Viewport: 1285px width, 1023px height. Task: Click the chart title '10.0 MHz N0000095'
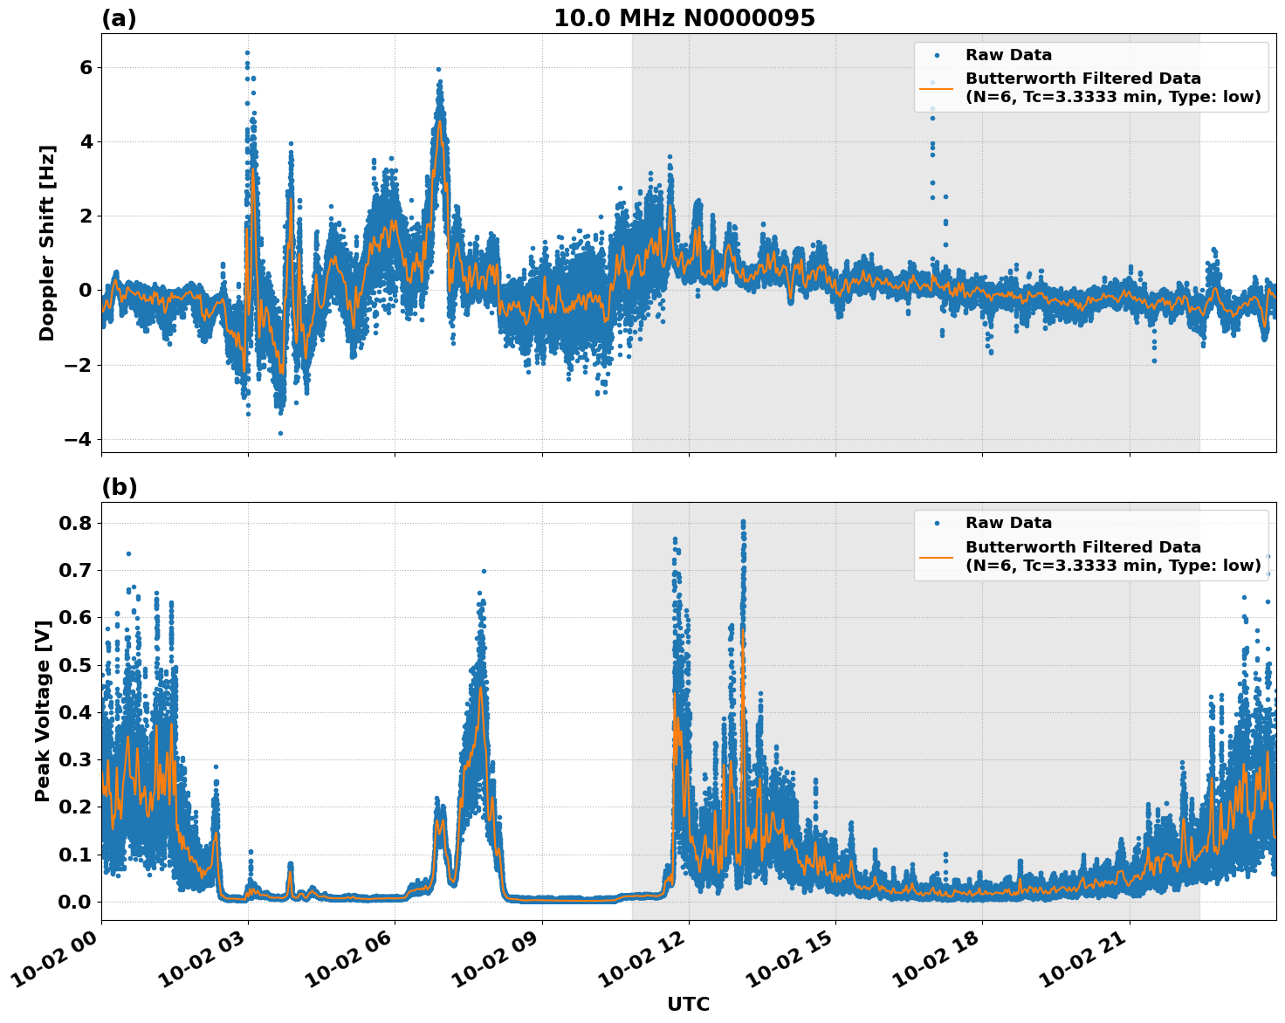coord(684,18)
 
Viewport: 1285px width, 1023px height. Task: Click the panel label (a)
coord(119,18)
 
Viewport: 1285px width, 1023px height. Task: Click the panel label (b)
coord(119,487)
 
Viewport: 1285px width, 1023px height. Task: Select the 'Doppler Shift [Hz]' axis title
coord(47,243)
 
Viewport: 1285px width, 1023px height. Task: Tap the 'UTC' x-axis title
coord(688,1004)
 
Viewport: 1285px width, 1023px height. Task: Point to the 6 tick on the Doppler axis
coord(86,68)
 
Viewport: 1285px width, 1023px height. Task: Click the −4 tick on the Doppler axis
coord(79,439)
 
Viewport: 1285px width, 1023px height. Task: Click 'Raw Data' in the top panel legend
coord(1008,55)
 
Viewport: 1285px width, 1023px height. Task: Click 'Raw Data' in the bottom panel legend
coord(1008,523)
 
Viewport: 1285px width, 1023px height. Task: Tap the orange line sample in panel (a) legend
coord(936,87)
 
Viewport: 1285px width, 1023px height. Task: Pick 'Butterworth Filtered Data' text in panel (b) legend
coord(1082,547)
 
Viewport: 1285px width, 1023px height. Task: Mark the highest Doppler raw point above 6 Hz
coord(247,52)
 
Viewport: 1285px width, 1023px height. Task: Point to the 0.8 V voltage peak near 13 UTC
coord(743,522)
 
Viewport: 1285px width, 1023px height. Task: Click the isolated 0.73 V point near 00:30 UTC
coord(128,553)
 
